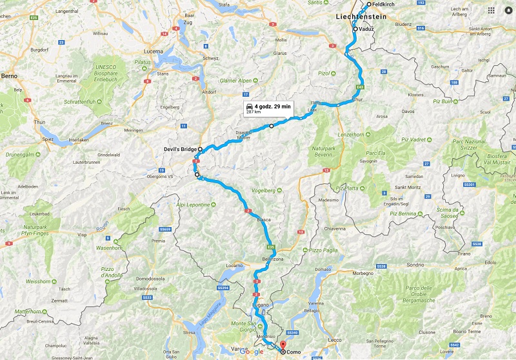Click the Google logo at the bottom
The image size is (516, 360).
[252, 352]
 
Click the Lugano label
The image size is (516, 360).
[261, 304]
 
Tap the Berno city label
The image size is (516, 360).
[9, 76]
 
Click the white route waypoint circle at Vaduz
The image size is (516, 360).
[355, 29]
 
